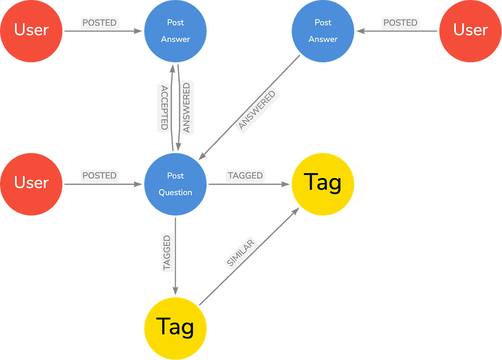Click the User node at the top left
pyautogui.click(x=31, y=31)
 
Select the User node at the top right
pyautogui.click(x=470, y=31)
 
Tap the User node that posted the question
pyautogui.click(x=31, y=184)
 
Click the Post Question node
pyautogui.click(x=176, y=184)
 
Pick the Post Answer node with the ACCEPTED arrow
pyautogui.click(x=176, y=31)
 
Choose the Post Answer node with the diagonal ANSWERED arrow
pyautogui.click(x=323, y=31)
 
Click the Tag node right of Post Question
pyautogui.click(x=323, y=184)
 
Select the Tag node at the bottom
pyautogui.click(x=176, y=328)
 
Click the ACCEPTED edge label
pyautogui.click(x=164, y=107)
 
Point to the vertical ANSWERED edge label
pyautogui.click(x=187, y=107)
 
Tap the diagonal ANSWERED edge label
pyautogui.click(x=257, y=110)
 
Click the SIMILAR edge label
pyautogui.click(x=241, y=253)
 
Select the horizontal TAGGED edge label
pyautogui.click(x=245, y=176)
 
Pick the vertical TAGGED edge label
pyautogui.click(x=167, y=253)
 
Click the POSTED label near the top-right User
pyautogui.click(x=401, y=23)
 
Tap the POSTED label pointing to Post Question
pyautogui.click(x=100, y=176)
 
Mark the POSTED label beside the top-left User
pyautogui.click(x=100, y=23)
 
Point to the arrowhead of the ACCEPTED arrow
pyautogui.click(x=172, y=68)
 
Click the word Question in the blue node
pyautogui.click(x=176, y=192)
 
